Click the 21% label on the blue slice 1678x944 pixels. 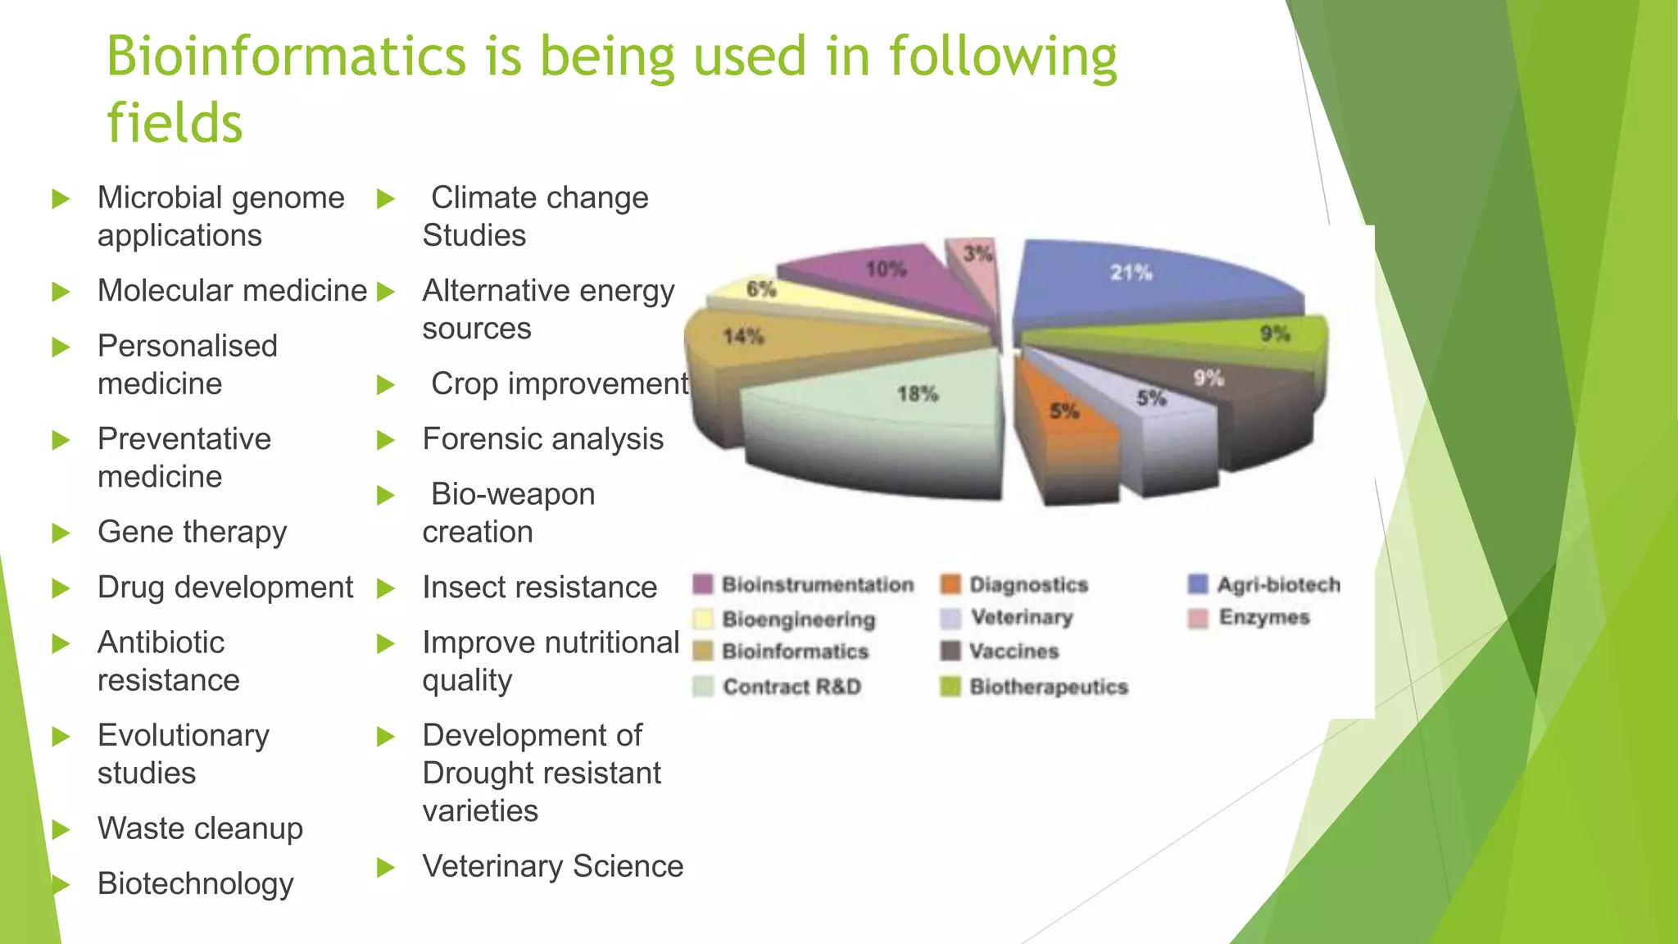coord(1131,273)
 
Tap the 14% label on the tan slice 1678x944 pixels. coord(743,337)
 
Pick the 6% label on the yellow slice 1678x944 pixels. coord(761,289)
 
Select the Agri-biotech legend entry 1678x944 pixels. coord(1278,584)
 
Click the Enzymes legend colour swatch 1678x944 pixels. coord(1198,618)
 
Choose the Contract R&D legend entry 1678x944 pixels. coord(791,687)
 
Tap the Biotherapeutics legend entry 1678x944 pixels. coord(1049,687)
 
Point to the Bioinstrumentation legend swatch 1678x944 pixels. coord(703,584)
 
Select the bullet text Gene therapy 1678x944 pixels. coord(193,533)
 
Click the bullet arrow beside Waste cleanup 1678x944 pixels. coord(61,829)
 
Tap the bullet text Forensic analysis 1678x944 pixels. coord(542,440)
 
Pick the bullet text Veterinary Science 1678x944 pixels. coord(553,867)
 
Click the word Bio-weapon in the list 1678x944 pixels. coord(513,495)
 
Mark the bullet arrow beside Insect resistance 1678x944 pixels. coord(386,588)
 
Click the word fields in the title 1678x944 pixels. coord(175,125)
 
